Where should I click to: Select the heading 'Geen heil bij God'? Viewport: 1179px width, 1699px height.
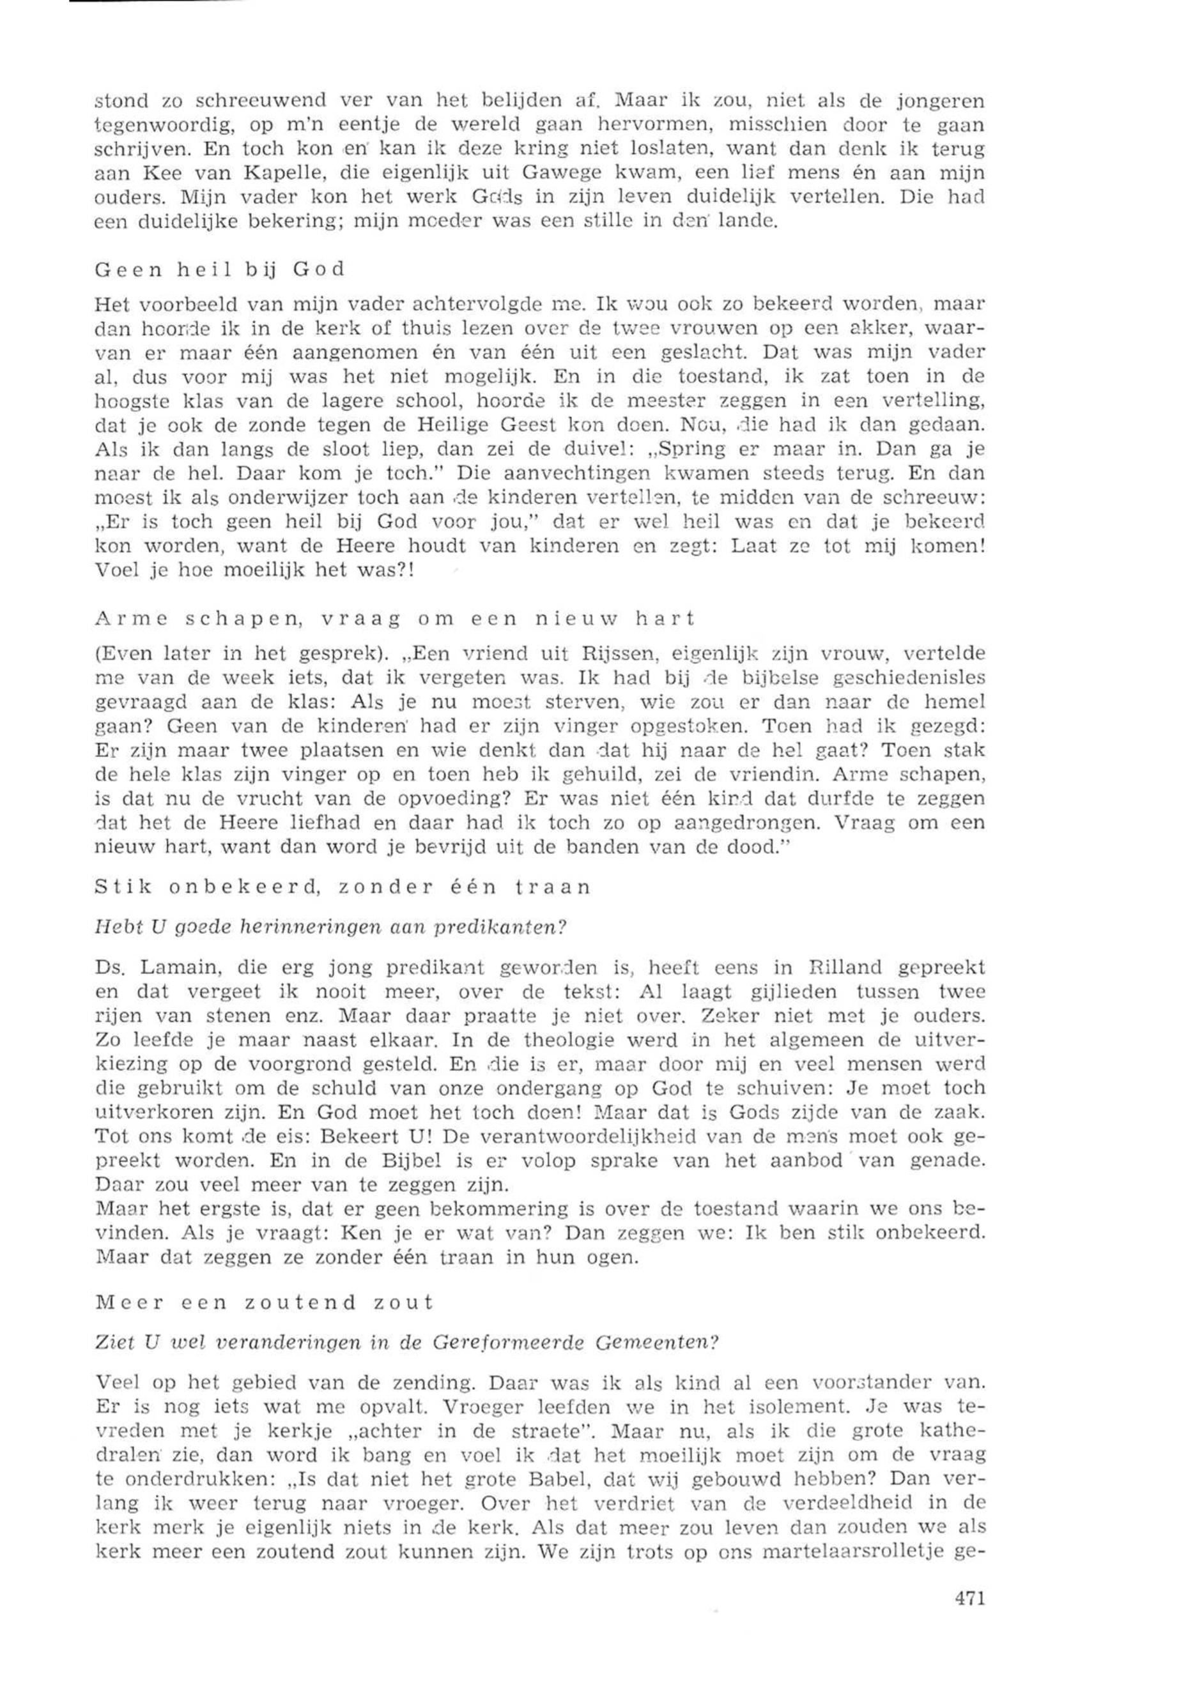click(220, 269)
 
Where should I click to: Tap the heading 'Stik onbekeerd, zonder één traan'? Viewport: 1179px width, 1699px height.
click(343, 886)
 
